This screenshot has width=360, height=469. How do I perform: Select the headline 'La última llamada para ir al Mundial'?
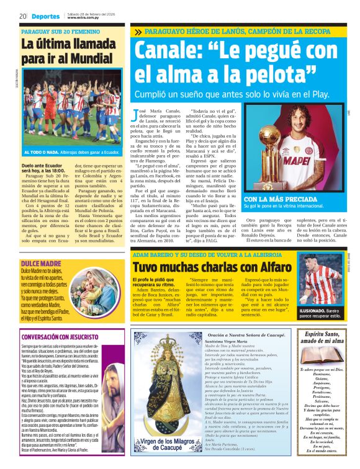click(70, 51)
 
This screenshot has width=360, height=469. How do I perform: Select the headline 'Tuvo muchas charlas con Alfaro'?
click(205, 267)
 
